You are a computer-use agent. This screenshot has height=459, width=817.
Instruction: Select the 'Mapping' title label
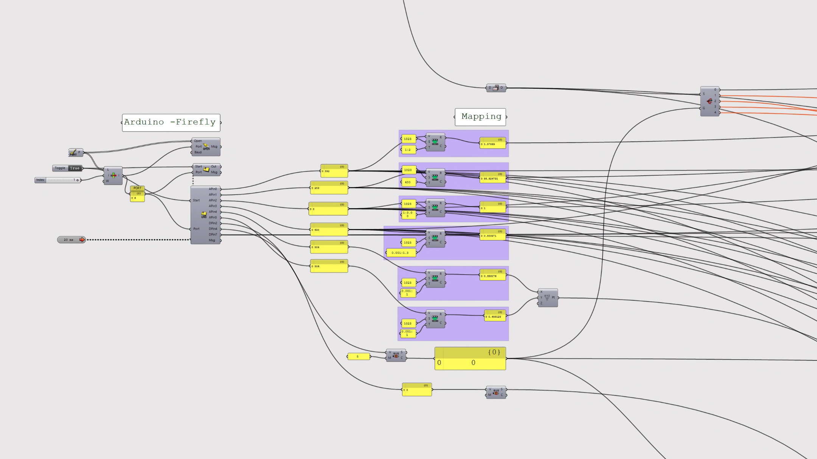click(x=480, y=117)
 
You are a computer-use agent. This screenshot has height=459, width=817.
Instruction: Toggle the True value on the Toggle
click(x=75, y=168)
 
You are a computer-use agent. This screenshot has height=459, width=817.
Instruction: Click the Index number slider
click(x=61, y=180)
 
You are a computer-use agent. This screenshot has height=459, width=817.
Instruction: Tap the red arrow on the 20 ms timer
click(x=82, y=240)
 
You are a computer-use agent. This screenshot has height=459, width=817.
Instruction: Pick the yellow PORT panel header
click(x=137, y=188)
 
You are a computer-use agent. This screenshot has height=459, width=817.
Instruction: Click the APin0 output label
click(x=213, y=189)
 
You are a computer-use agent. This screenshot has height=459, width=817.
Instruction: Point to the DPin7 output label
click(x=213, y=235)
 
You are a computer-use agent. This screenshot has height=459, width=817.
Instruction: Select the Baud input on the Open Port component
click(x=198, y=152)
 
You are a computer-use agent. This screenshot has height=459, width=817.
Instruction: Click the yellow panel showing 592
click(x=334, y=171)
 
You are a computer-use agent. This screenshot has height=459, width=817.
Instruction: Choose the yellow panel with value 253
click(x=329, y=188)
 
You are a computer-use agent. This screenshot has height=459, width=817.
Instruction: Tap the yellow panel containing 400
click(x=408, y=182)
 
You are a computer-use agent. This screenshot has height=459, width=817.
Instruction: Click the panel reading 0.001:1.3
click(x=401, y=253)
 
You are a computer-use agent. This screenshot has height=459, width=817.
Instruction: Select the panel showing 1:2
click(x=408, y=150)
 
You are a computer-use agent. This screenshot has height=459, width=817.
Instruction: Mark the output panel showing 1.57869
click(x=492, y=143)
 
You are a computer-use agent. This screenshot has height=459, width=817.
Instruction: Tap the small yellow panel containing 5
click(x=358, y=356)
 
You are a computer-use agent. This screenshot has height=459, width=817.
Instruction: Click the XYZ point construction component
click(x=547, y=298)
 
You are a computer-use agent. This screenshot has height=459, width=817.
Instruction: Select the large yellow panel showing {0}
click(x=470, y=359)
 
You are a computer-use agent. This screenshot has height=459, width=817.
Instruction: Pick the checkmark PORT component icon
click(x=73, y=153)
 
